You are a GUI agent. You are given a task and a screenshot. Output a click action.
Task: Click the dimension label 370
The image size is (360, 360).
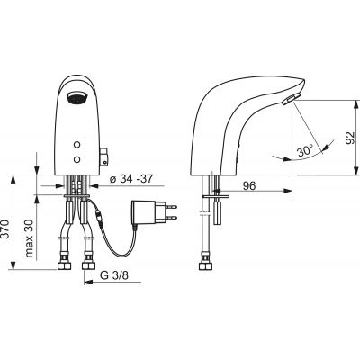click(x=6, y=229)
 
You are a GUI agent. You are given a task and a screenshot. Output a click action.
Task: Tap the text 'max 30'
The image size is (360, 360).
click(x=29, y=238)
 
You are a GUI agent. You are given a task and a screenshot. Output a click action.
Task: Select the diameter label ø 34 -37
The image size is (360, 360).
click(x=131, y=179)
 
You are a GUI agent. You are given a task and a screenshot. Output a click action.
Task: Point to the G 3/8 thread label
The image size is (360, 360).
click(x=113, y=275)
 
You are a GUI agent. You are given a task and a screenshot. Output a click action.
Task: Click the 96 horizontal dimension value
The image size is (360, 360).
click(x=249, y=186)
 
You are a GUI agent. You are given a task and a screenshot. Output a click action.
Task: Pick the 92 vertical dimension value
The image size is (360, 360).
click(x=350, y=138)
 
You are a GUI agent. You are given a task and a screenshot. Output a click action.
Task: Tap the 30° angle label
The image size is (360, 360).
click(x=305, y=151)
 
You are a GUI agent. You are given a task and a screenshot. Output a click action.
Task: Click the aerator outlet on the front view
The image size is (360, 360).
click(x=77, y=98)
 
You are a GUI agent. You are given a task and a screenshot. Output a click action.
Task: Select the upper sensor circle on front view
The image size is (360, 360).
click(x=77, y=145)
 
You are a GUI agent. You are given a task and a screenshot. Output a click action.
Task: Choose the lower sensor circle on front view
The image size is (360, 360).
click(x=77, y=159)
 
